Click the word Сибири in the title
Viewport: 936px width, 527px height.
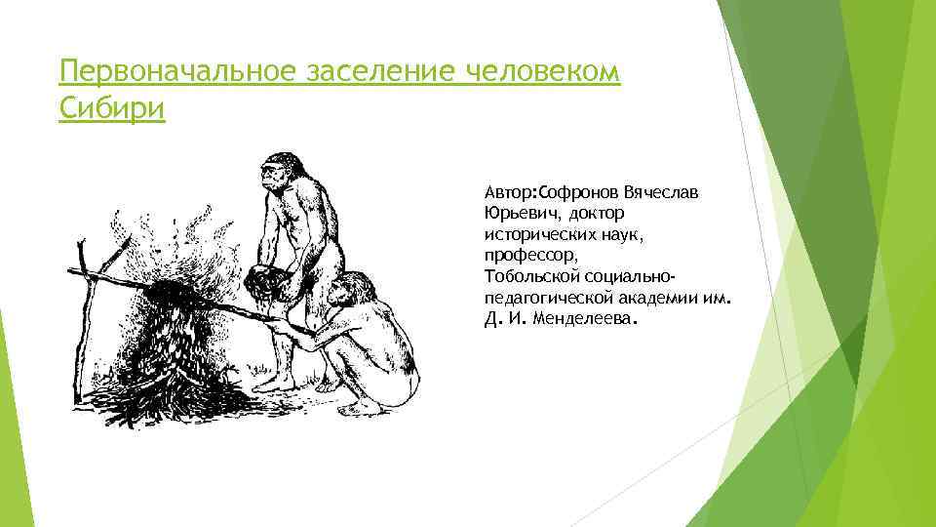pyautogui.click(x=112, y=107)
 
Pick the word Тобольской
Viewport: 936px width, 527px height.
pyautogui.click(x=533, y=276)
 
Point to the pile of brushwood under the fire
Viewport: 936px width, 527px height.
pyautogui.click(x=175, y=361)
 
